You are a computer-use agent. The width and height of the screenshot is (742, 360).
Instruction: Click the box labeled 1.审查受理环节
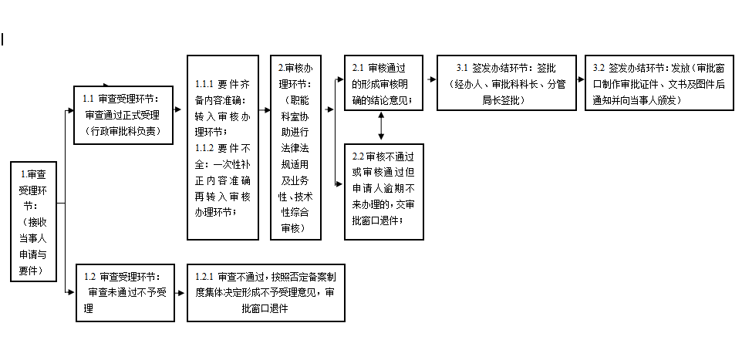pyautogui.click(x=34, y=221)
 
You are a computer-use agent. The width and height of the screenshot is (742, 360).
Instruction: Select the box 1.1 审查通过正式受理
pyautogui.click(x=123, y=115)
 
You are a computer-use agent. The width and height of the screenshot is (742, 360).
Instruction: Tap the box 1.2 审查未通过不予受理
pyautogui.click(x=126, y=293)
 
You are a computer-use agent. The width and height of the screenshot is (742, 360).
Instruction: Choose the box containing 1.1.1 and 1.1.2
pyautogui.click(x=223, y=147)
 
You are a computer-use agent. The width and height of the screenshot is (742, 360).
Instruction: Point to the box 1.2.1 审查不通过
pyautogui.click(x=266, y=293)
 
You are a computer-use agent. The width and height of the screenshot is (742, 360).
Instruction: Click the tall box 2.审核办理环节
pyautogui.click(x=295, y=147)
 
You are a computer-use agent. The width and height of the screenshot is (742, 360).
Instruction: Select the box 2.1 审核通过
pyautogui.click(x=384, y=82)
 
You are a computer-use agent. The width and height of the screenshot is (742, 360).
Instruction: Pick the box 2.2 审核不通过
pyautogui.click(x=384, y=192)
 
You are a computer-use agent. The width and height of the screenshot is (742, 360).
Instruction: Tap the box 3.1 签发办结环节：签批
pyautogui.click(x=506, y=82)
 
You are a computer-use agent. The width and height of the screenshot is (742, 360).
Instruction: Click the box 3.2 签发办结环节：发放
pyautogui.click(x=659, y=82)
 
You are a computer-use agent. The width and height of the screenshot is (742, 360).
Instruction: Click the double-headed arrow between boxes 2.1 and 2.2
pyautogui.click(x=381, y=126)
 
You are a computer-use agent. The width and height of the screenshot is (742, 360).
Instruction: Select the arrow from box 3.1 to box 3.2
pyautogui.click(x=581, y=79)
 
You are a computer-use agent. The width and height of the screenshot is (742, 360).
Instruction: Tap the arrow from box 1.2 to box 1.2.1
pyautogui.click(x=180, y=293)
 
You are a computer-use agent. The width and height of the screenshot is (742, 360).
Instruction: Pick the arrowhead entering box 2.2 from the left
pyautogui.click(x=339, y=184)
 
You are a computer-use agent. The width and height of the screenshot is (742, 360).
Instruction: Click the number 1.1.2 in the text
pyautogui.click(x=204, y=148)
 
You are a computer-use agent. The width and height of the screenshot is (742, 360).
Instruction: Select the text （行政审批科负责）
pyautogui.click(x=123, y=131)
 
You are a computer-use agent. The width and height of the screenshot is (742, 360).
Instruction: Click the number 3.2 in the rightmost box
pyautogui.click(x=598, y=68)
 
